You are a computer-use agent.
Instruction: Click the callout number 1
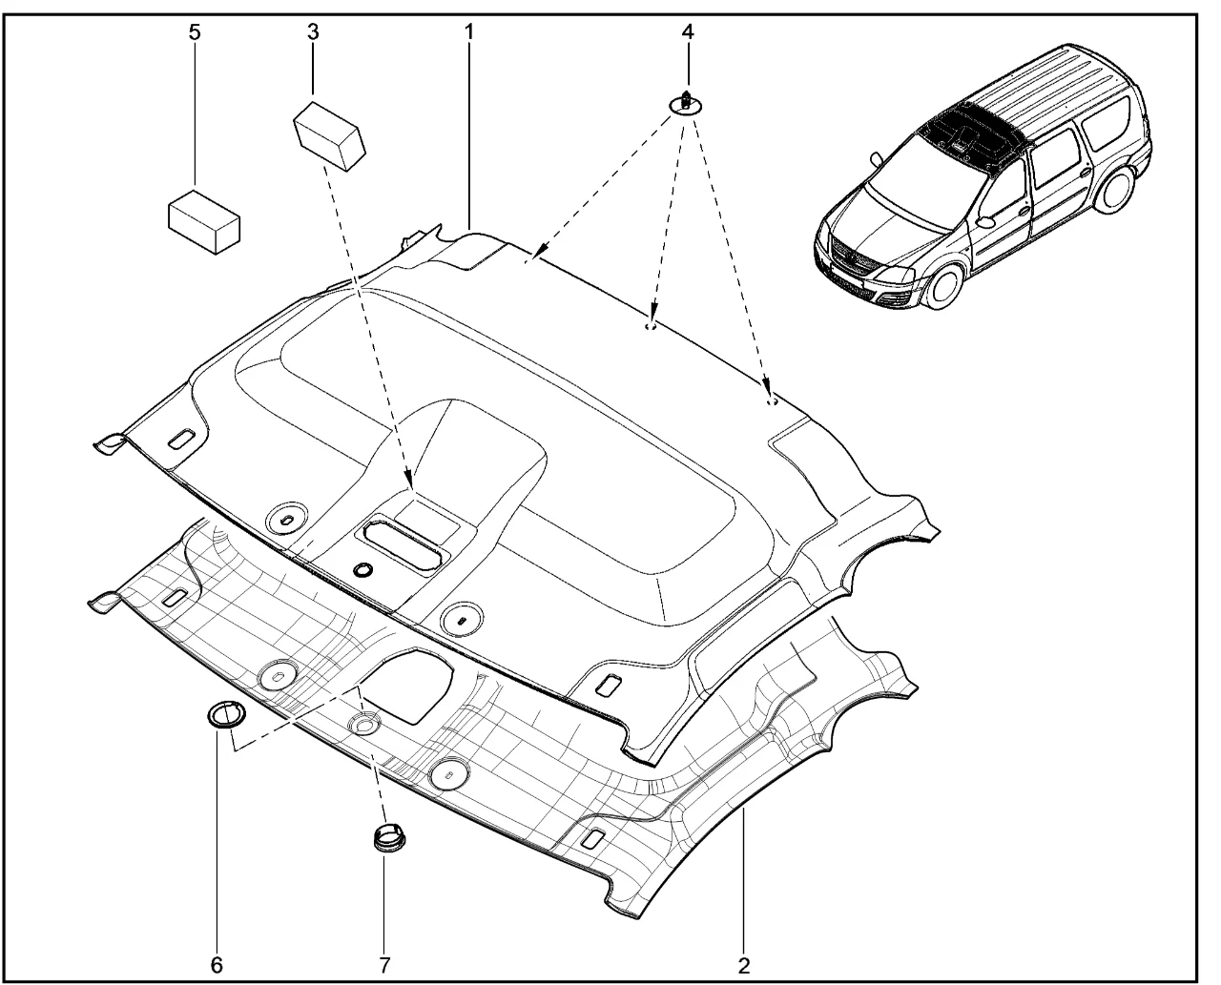click(x=469, y=32)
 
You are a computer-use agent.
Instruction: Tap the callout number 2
click(x=743, y=966)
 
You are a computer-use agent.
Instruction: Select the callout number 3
click(x=313, y=32)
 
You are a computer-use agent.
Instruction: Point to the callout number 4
click(x=688, y=32)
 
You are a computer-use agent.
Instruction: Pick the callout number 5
click(x=195, y=32)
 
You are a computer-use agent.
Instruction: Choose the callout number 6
click(x=217, y=965)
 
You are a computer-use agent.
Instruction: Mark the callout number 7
click(x=384, y=965)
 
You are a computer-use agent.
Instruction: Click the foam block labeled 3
click(x=329, y=135)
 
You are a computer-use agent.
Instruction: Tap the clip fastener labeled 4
click(x=686, y=104)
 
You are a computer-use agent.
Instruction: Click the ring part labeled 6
click(x=226, y=715)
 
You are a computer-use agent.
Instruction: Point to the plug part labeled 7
click(x=389, y=837)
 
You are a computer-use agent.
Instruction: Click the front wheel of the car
click(x=944, y=283)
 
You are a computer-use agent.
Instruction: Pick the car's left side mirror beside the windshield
click(x=876, y=160)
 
